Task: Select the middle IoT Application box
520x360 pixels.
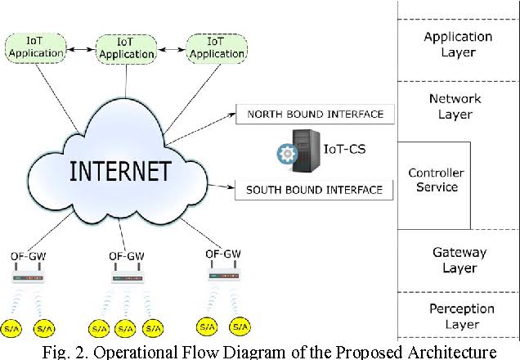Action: point(125,47)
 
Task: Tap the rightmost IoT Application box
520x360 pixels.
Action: point(216,47)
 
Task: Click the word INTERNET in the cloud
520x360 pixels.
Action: point(120,171)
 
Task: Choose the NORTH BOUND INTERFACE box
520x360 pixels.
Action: point(315,114)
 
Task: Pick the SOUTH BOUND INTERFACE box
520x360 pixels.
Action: point(315,190)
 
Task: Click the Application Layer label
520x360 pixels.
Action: point(458,44)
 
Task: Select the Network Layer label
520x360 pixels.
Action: point(455,106)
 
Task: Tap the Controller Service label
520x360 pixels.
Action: point(436,180)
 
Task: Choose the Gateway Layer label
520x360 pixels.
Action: point(459,260)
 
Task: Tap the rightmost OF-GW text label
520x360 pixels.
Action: point(222,253)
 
